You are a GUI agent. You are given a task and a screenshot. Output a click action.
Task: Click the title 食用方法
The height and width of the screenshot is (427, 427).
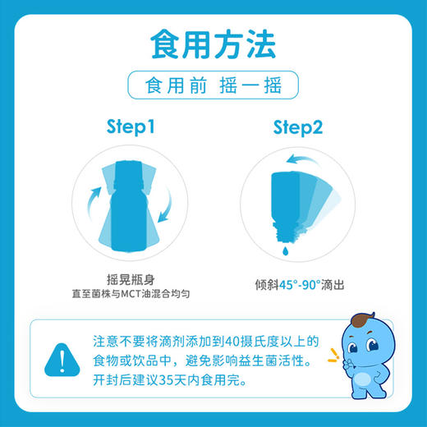click(213, 44)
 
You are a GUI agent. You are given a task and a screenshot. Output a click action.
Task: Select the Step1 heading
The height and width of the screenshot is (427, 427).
click(131, 128)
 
